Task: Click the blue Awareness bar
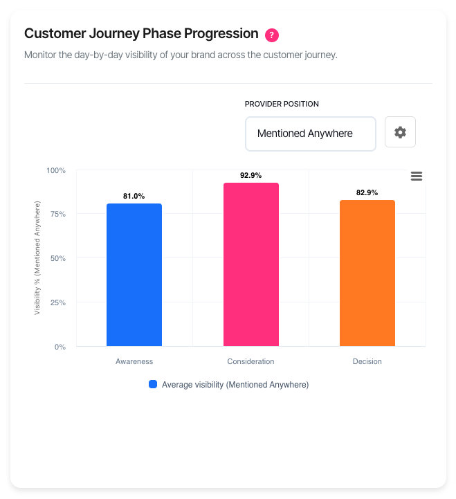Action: tap(134, 275)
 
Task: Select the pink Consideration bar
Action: tap(250, 264)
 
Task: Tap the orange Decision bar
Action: tap(367, 273)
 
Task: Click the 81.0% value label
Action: tap(134, 197)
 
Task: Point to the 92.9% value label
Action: tap(250, 176)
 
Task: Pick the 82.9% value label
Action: tap(367, 193)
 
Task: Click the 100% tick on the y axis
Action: tap(55, 170)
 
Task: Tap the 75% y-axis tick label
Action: tap(57, 215)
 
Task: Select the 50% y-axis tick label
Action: tap(57, 259)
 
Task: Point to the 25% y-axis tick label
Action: tap(57, 302)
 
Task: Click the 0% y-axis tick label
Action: tap(60, 347)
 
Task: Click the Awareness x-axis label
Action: tap(134, 362)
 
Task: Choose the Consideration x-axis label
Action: tap(250, 362)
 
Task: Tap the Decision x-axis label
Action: tap(367, 362)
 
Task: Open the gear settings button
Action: tap(400, 132)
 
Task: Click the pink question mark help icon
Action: tap(273, 35)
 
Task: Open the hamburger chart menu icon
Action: tap(416, 176)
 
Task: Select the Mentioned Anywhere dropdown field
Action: tap(310, 134)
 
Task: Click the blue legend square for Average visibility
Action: tap(153, 385)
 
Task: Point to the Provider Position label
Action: tap(282, 104)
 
